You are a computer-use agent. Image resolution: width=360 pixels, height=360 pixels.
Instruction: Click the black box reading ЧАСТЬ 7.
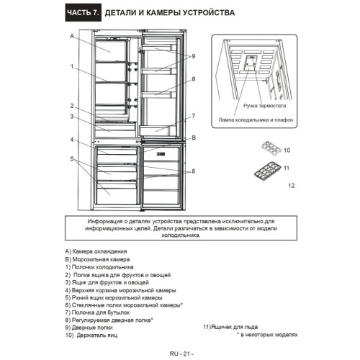pos(84,12)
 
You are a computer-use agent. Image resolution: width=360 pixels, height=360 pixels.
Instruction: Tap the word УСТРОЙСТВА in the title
pos(209,12)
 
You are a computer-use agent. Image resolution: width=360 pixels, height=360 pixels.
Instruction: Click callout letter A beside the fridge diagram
pos(72,36)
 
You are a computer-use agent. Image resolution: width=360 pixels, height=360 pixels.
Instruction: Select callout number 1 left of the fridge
pos(72,66)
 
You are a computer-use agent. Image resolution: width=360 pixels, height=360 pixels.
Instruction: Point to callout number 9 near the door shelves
pos(193,56)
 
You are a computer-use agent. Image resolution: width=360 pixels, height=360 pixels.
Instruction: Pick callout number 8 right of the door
pos(193,79)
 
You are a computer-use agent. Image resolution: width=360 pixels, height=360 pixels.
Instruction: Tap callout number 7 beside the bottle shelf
pos(193,116)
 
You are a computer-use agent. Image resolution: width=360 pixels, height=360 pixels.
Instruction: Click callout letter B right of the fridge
pos(194,138)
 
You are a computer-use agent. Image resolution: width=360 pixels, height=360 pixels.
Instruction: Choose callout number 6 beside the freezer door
pos(193,171)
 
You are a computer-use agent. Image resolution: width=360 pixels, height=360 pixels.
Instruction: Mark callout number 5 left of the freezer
pos(72,159)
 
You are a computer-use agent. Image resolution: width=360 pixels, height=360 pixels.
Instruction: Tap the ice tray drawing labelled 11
pos(267,171)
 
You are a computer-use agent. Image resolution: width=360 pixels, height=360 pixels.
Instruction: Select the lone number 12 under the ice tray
pos(292,186)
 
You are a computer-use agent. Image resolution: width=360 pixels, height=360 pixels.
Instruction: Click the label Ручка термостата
pos(264,106)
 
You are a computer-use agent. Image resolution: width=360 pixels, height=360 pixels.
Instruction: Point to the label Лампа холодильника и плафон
pos(256,120)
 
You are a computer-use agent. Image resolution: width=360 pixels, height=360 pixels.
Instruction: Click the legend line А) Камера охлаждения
pos(96,251)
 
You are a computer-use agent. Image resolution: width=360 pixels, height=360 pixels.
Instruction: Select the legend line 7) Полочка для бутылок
pos(97,312)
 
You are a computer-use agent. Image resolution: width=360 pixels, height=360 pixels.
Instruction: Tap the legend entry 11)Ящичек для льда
pos(230,327)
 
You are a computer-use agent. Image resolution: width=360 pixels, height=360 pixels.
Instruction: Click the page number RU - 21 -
pos(181,354)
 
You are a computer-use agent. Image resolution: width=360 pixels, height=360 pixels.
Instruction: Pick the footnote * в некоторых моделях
pos(267,335)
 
